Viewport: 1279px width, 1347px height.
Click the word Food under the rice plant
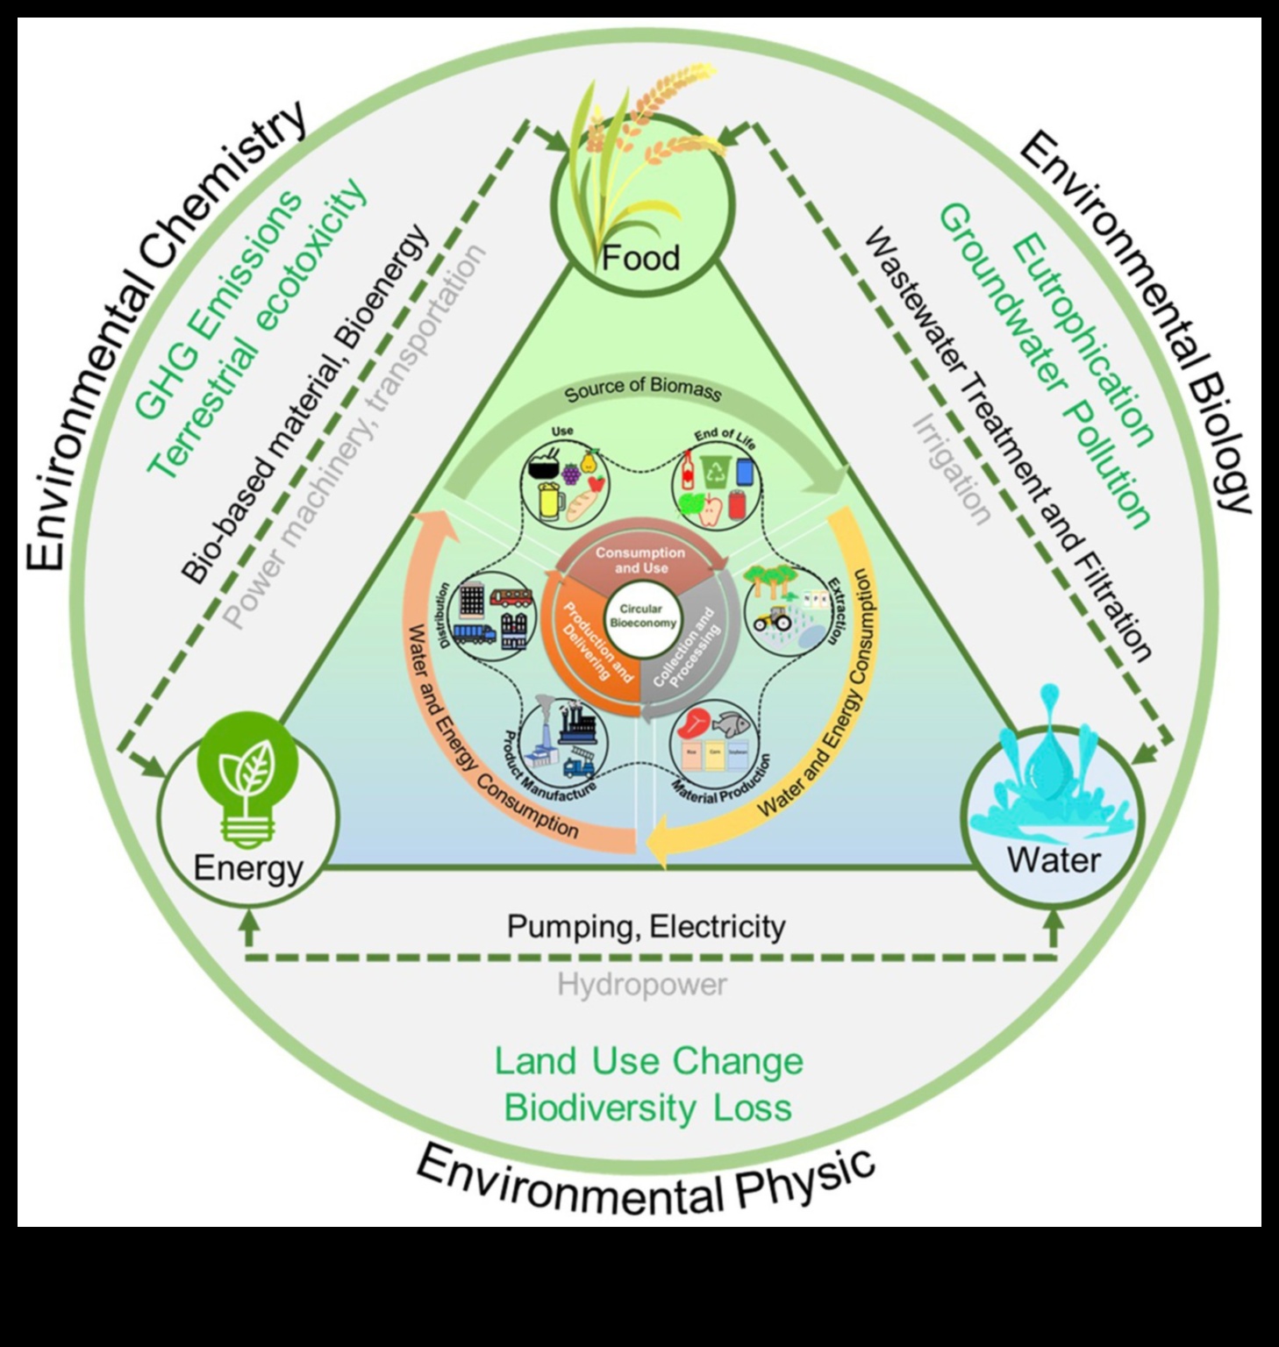[x=641, y=259]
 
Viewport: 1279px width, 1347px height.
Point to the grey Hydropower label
[x=642, y=985]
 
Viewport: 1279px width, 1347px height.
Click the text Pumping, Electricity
[x=646, y=926]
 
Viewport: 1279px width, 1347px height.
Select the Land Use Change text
[x=648, y=1061]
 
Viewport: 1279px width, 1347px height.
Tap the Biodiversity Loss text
[x=648, y=1108]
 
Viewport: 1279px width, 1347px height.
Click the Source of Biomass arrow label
[x=642, y=390]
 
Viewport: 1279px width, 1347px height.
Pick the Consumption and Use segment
[x=640, y=560]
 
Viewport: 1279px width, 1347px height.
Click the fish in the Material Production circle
[x=730, y=723]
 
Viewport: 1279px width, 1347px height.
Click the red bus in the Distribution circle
[x=511, y=599]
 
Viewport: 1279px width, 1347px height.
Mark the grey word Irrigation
[x=952, y=469]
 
